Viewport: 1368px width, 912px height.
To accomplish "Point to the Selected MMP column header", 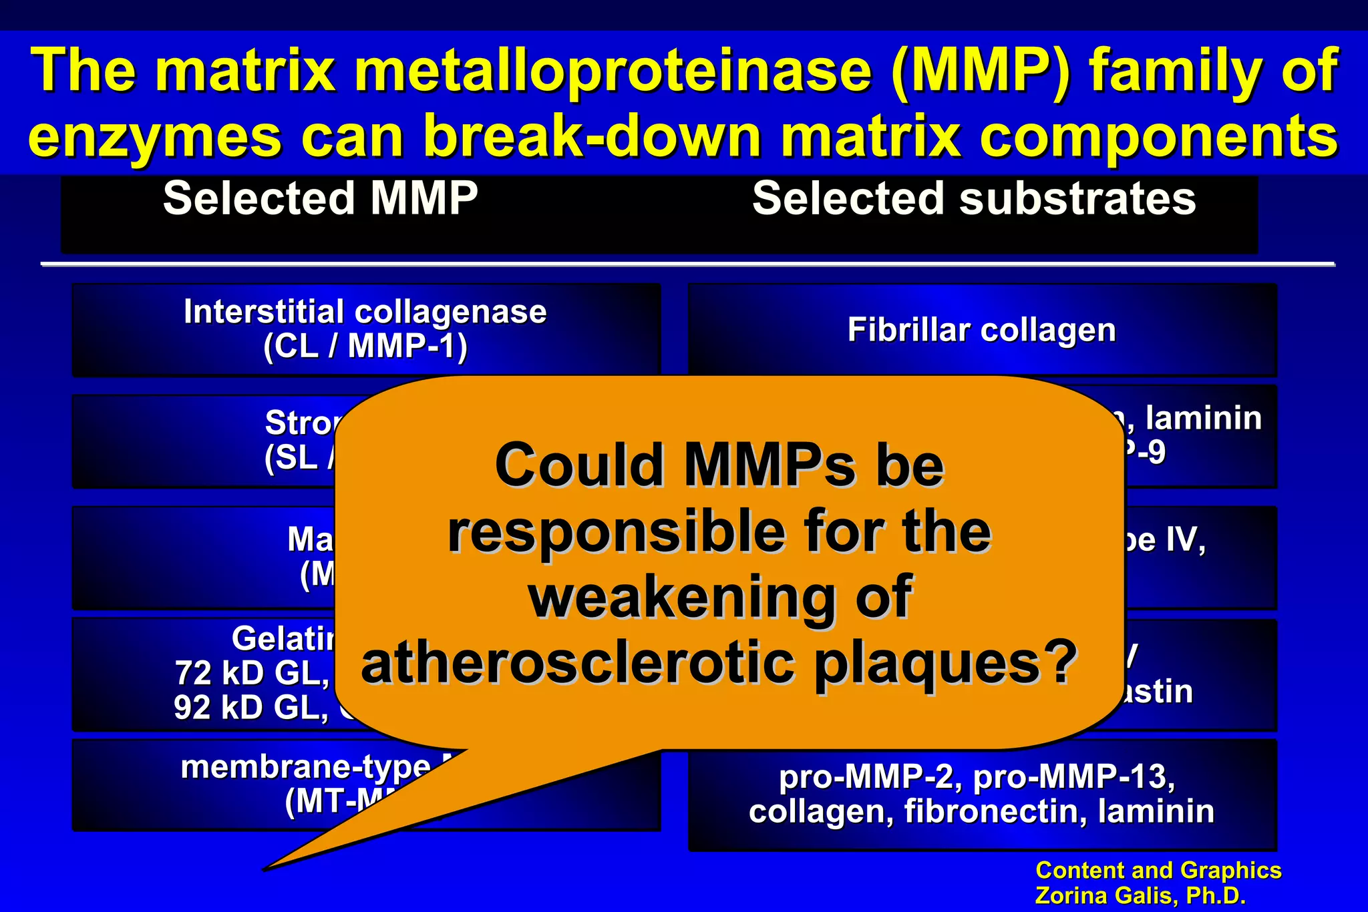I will coord(320,198).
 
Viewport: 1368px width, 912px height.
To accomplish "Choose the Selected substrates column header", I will coord(974,198).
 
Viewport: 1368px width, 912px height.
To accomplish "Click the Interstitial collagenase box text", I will coord(365,311).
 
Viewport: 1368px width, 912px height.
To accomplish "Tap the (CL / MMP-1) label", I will coord(365,346).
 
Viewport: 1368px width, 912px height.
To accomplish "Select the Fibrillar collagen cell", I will coord(981,329).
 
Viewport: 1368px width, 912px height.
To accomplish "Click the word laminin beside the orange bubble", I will coord(1203,418).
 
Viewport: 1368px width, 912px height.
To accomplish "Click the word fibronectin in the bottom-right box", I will coord(995,811).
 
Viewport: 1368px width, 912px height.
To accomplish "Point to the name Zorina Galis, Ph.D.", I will coord(1140,895).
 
